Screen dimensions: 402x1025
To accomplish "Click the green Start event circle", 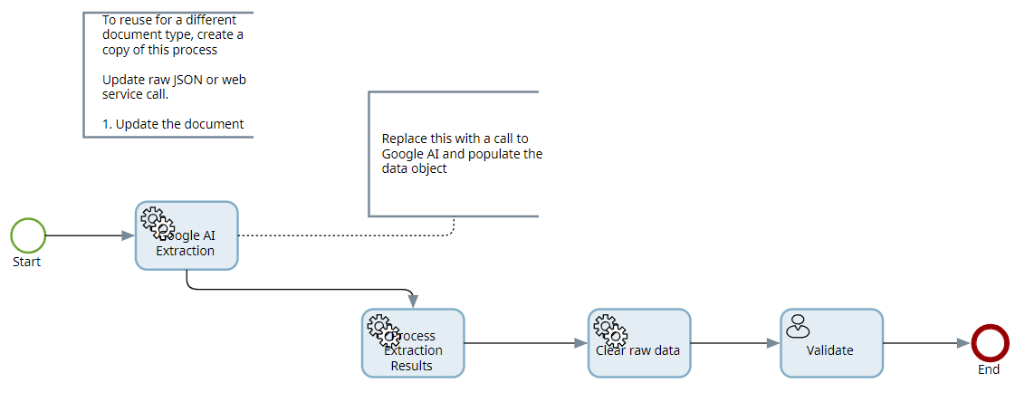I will [x=28, y=235].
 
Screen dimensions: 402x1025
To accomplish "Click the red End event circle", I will [x=989, y=343].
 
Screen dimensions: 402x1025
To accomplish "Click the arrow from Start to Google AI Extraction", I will [x=89, y=235].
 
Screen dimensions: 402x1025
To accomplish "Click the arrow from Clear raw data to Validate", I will [x=734, y=343].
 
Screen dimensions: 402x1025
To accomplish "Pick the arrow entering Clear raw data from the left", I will [x=525, y=343].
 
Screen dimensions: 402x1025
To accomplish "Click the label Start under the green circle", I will [x=27, y=262].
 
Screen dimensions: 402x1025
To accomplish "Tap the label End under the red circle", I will [x=989, y=369].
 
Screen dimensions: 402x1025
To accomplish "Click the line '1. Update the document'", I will [x=173, y=124].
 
